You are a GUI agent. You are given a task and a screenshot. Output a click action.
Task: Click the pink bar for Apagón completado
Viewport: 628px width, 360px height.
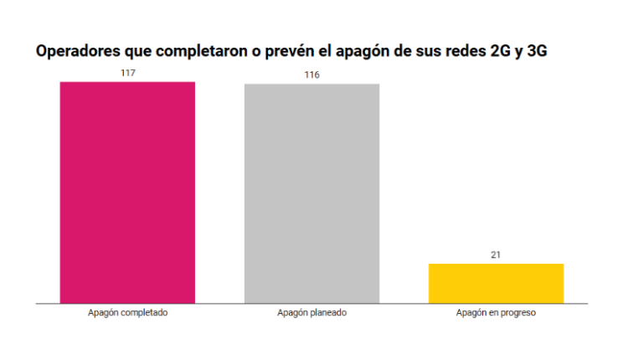[x=127, y=192]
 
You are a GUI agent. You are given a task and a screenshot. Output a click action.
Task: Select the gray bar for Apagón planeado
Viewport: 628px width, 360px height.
[x=311, y=193]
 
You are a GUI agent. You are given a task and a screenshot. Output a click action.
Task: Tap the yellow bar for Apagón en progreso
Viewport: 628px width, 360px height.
[x=496, y=283]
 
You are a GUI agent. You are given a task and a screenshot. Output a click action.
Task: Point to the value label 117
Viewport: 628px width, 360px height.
[x=127, y=73]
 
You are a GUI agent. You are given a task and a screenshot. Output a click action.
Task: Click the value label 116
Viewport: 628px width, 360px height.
[x=311, y=75]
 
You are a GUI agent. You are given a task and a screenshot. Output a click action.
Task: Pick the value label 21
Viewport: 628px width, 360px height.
[x=496, y=255]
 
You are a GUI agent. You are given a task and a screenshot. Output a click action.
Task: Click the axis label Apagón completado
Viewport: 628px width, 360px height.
[x=127, y=313]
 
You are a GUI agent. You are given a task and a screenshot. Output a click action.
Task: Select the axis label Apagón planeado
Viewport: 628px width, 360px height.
[x=311, y=313]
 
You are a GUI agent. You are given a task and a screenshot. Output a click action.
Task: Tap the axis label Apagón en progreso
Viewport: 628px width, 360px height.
[x=496, y=313]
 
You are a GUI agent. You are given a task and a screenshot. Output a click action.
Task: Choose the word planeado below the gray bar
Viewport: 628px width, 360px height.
[x=327, y=313]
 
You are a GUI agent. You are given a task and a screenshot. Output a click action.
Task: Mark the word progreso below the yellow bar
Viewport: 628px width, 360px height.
[x=517, y=313]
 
